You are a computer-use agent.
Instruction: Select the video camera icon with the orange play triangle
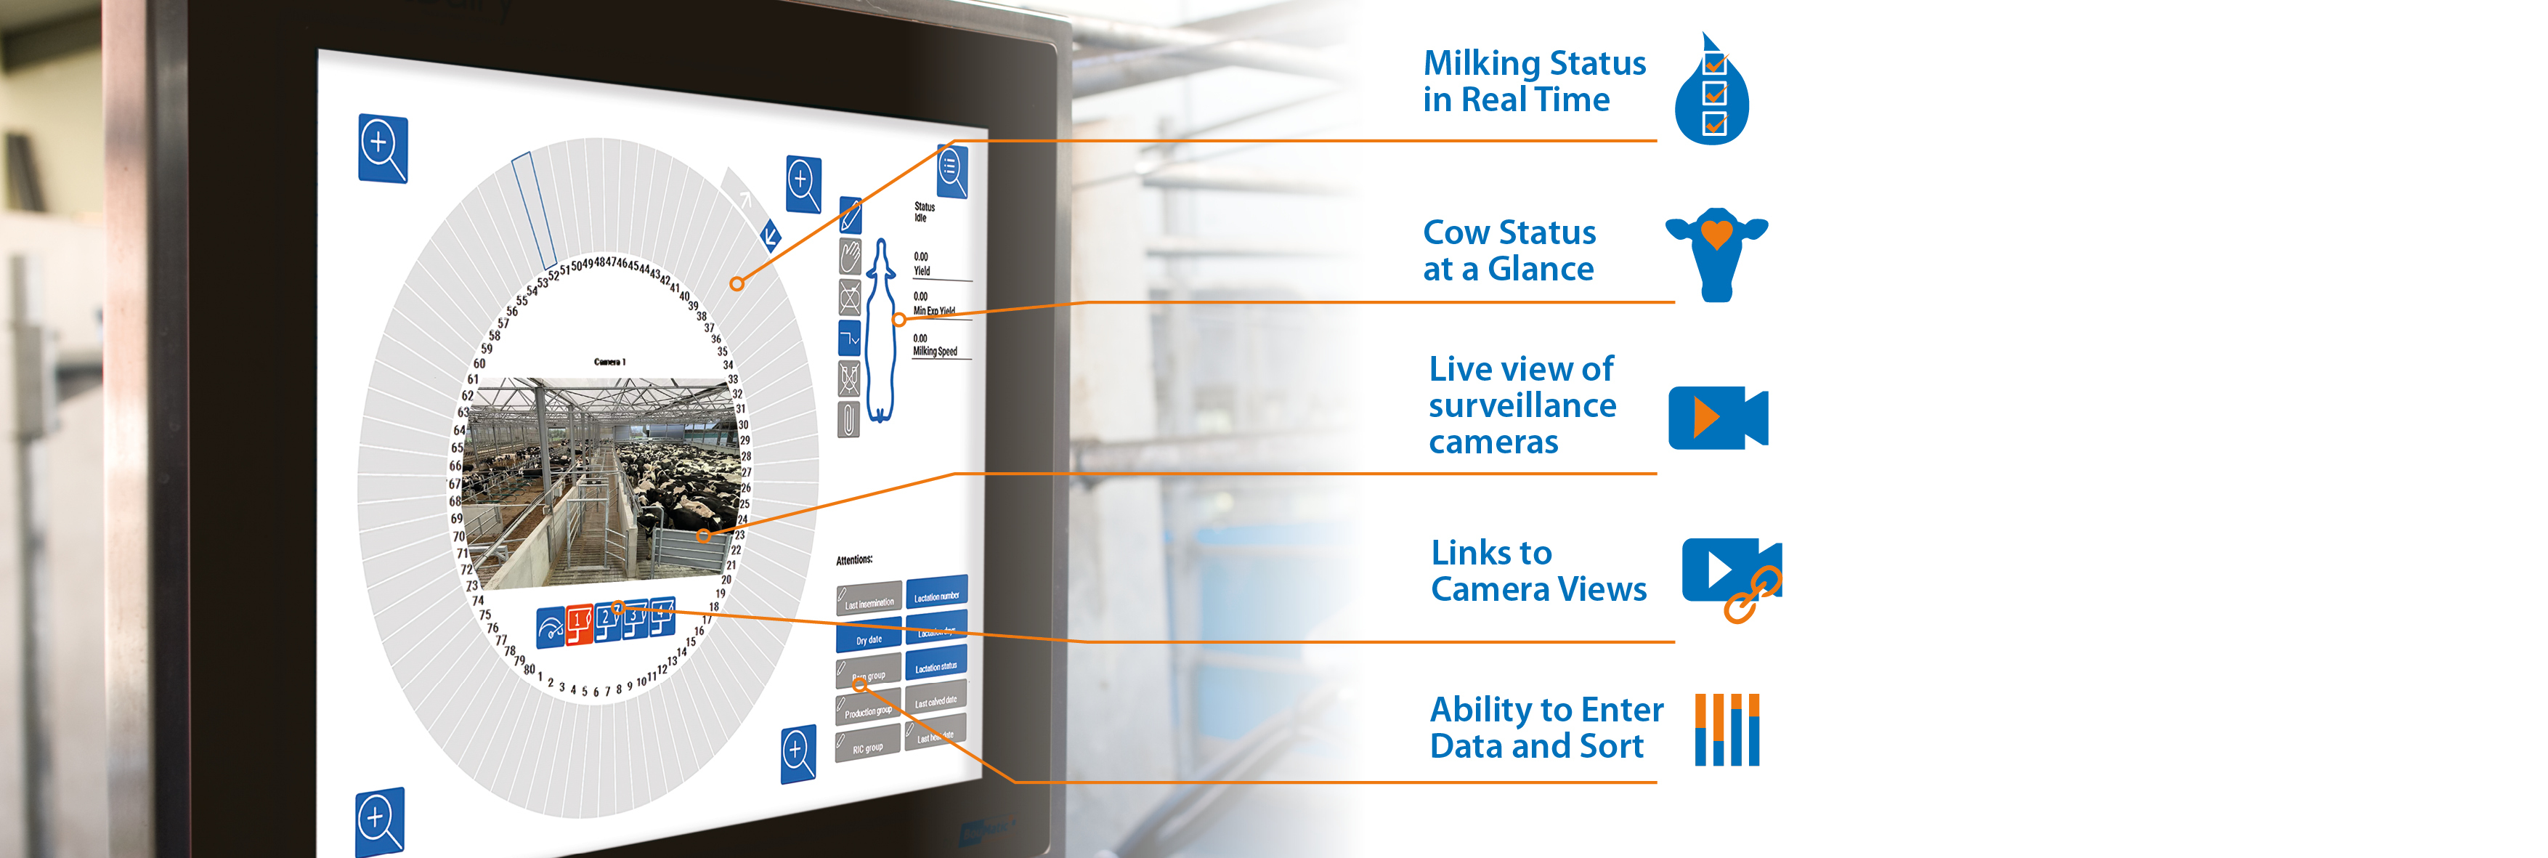coord(1717,418)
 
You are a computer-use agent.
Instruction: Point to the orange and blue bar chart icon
coord(1727,729)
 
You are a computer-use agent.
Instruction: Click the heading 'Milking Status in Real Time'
coord(1534,81)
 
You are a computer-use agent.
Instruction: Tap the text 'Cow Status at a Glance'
coord(1509,251)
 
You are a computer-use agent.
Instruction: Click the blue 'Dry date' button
coord(869,637)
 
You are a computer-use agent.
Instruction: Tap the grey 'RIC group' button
coord(867,744)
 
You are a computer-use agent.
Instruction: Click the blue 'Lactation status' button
coord(936,665)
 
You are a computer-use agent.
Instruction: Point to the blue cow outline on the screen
coord(881,331)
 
